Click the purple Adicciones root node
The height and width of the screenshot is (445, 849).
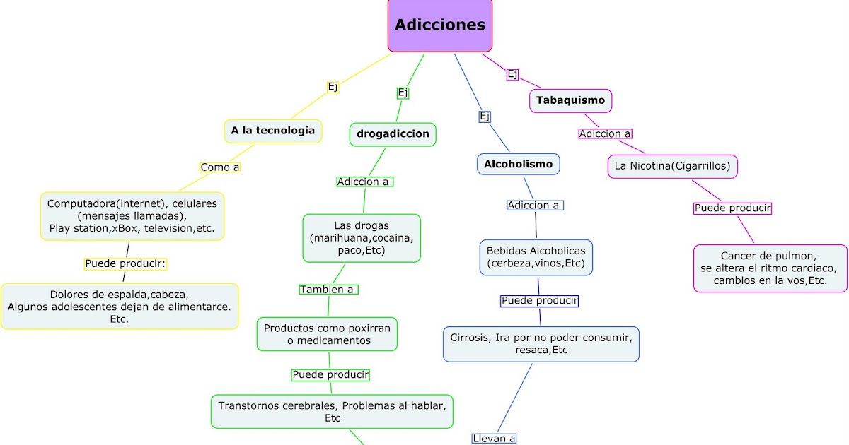pos(440,25)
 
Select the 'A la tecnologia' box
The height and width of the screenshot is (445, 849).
pos(273,131)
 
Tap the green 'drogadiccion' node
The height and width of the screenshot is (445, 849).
pos(393,134)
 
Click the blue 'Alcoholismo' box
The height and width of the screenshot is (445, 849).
pos(518,165)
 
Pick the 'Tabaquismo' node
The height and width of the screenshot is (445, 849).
pos(570,100)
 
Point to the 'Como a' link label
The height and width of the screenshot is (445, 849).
pos(220,167)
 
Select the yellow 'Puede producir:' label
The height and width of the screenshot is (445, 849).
pos(125,263)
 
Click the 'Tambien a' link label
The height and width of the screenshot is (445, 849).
pos(329,290)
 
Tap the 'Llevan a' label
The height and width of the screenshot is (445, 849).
pos(495,439)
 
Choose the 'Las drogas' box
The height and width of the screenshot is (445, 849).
pos(362,238)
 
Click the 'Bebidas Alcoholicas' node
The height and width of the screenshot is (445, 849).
pos(536,257)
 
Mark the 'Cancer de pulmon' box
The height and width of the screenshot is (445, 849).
pos(770,268)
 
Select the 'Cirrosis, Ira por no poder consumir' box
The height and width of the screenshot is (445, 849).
pos(541,344)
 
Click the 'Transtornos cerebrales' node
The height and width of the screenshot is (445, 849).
pos(332,412)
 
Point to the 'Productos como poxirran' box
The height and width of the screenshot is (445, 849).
pos(328,334)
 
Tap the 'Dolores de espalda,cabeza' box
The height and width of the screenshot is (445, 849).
pos(120,307)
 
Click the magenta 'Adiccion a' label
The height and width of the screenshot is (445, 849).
pos(605,133)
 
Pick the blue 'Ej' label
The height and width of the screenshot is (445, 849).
pos(485,117)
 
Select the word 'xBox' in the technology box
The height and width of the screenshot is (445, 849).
pos(125,228)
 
